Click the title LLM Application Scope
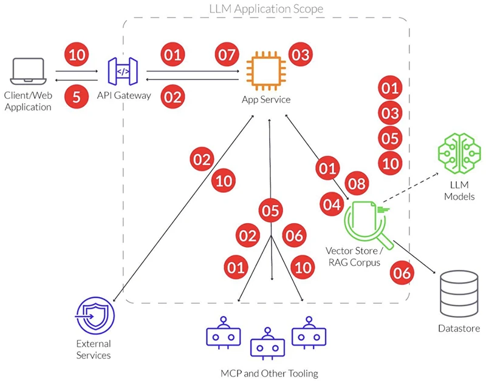[x=265, y=8]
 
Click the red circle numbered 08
[x=357, y=184]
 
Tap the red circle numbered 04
[x=332, y=205]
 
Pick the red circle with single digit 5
[x=76, y=98]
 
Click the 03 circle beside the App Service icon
[x=300, y=55]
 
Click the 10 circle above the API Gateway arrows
[x=76, y=55]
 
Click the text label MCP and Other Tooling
[x=269, y=372]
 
